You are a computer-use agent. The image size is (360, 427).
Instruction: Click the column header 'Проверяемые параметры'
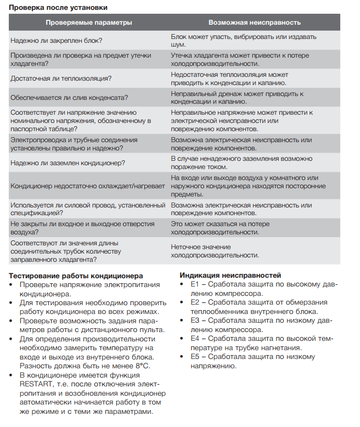click(88, 23)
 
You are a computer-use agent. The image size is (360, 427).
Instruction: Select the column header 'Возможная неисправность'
click(255, 23)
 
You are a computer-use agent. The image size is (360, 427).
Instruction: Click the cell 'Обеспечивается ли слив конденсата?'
click(69, 98)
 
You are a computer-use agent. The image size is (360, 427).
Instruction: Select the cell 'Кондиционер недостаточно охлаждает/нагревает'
click(88, 186)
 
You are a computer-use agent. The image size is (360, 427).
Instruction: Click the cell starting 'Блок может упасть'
click(244, 40)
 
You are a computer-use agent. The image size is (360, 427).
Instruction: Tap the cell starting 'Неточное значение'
click(215, 251)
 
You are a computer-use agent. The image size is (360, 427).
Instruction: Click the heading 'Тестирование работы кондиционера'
click(76, 276)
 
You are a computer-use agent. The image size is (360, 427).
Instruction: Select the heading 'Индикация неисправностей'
click(230, 276)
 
